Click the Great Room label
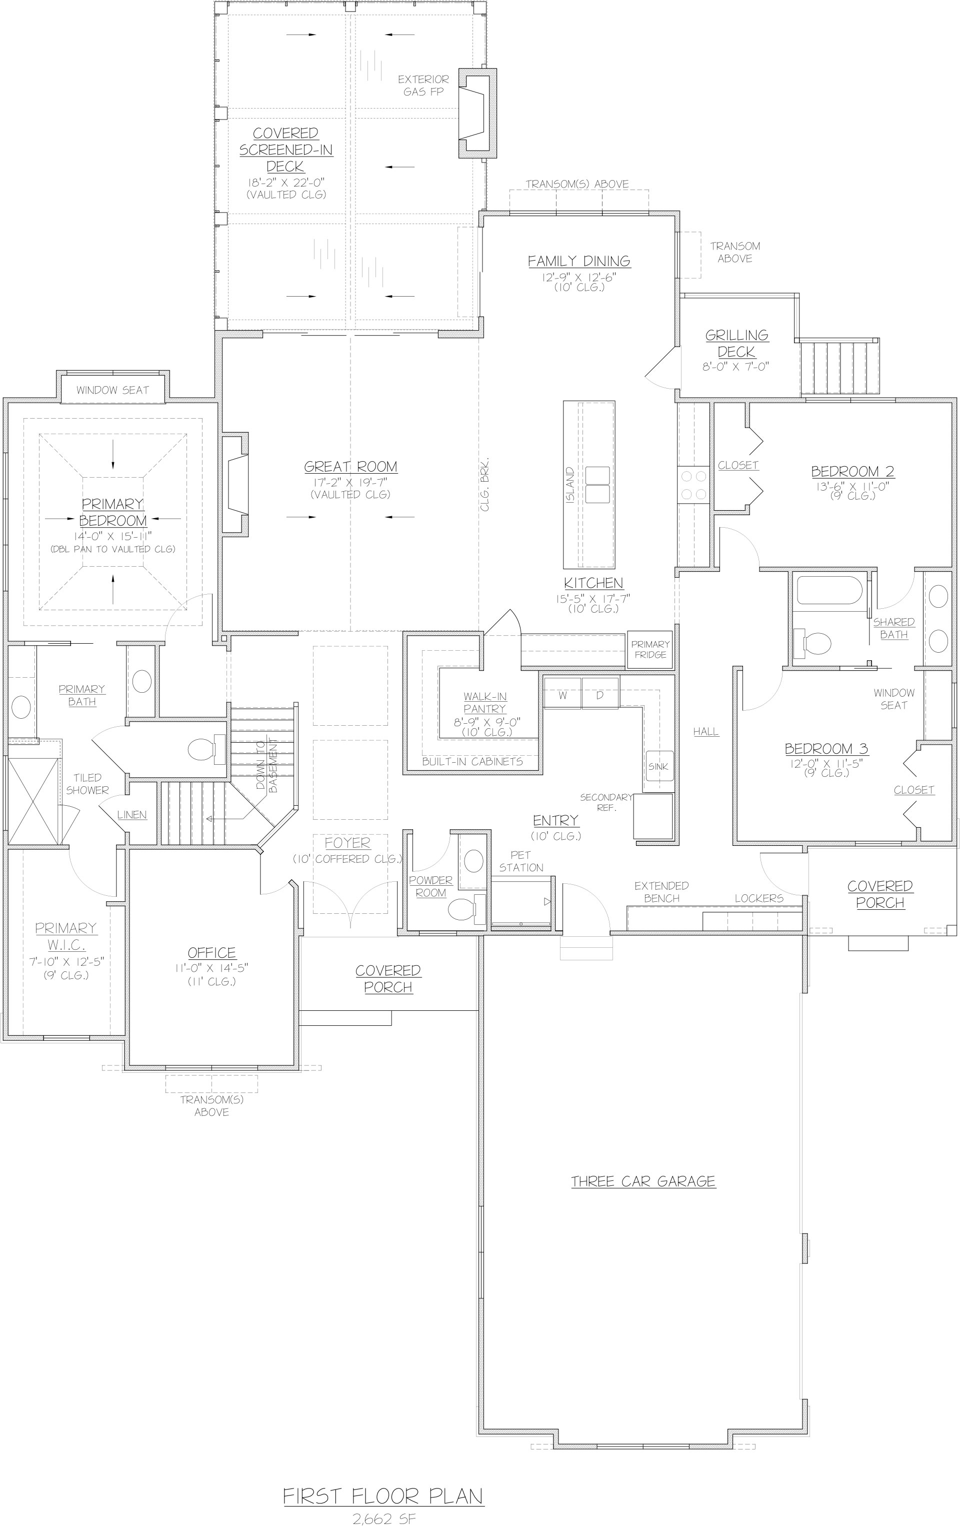click(350, 467)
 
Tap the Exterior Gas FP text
click(423, 85)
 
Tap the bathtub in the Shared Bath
click(829, 589)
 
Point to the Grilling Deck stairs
click(839, 368)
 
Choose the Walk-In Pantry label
click(485, 703)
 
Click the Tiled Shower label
click(87, 783)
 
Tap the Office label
click(211, 953)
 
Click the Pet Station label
click(521, 861)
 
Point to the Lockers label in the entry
click(759, 898)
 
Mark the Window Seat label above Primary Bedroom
click(113, 390)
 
